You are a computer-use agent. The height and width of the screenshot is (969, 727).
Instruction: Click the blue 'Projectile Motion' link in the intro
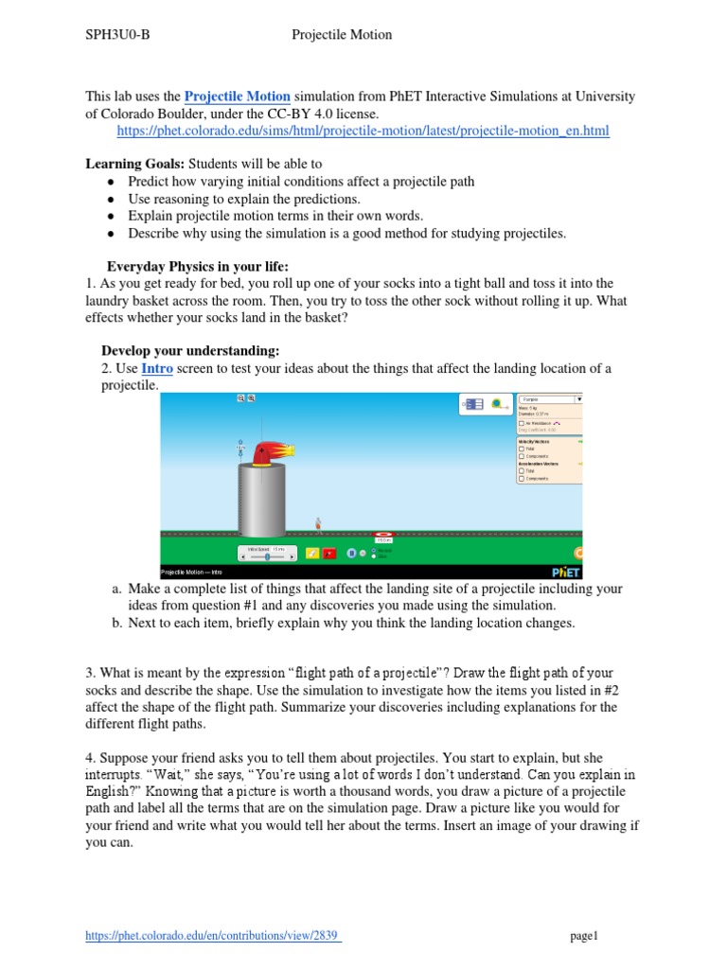[237, 97]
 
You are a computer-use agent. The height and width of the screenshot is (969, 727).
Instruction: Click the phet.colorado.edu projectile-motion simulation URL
[363, 131]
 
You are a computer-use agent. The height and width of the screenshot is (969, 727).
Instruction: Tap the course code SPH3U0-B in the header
[118, 35]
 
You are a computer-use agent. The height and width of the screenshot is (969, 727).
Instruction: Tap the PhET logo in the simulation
[565, 572]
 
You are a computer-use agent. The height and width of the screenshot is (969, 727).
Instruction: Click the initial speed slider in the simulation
[266, 557]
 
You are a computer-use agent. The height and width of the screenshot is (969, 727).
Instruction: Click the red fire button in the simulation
[329, 554]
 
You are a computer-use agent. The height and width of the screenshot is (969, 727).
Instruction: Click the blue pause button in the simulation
[351, 554]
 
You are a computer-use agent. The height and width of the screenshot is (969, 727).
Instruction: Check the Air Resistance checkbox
[522, 422]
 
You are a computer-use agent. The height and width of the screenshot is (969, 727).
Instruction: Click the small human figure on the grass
[319, 522]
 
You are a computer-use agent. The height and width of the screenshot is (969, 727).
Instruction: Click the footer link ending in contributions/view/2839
[213, 936]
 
